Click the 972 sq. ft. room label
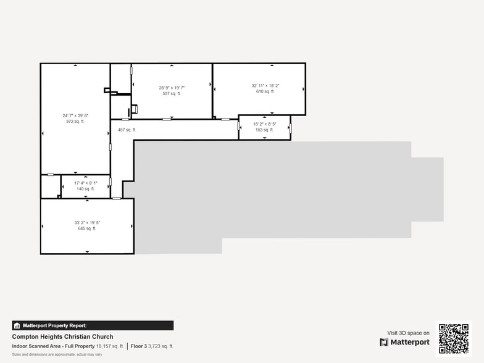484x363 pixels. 75,122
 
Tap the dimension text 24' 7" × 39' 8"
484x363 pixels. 75,115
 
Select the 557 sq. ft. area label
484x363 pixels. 172,94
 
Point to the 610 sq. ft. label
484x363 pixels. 265,91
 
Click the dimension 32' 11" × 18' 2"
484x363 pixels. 265,85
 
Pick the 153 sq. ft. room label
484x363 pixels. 264,130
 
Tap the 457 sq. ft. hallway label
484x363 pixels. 127,130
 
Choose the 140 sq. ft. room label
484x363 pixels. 86,189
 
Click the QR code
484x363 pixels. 453,338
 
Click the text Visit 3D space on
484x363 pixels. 408,333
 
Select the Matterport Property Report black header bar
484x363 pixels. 93,325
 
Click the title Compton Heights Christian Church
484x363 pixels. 62,337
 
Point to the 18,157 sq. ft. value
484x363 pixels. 110,346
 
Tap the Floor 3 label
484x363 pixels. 139,346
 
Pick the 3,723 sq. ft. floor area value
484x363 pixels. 161,346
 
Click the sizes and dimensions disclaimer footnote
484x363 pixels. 57,354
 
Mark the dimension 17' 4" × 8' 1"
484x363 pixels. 86,183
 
